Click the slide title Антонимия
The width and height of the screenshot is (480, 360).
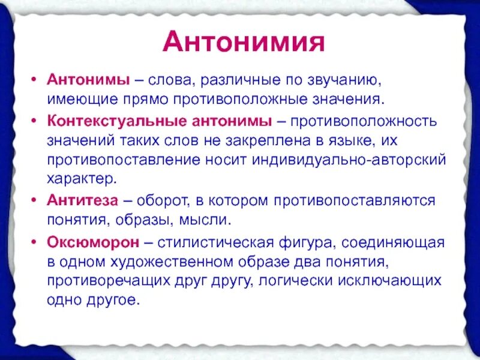click(244, 43)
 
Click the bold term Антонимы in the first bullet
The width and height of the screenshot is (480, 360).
click(82, 79)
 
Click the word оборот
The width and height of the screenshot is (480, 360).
click(162, 200)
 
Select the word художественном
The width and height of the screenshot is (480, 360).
click(173, 262)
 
